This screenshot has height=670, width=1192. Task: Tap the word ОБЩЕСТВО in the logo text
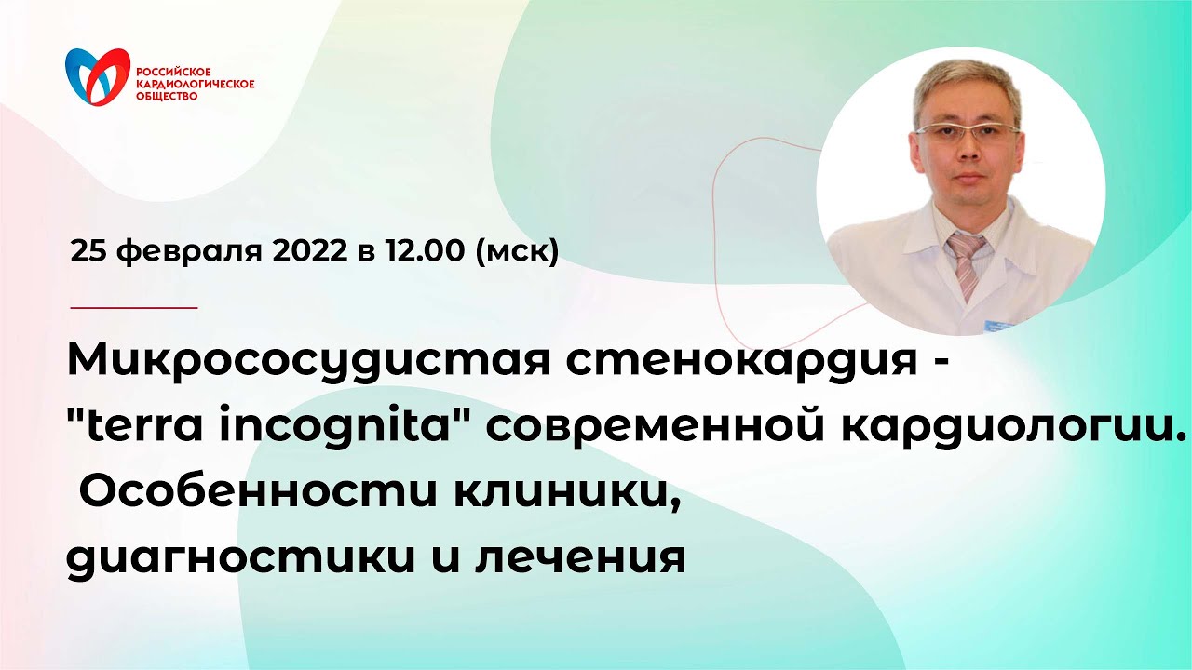(x=167, y=96)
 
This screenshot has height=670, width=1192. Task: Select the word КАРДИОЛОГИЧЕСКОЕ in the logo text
(x=196, y=83)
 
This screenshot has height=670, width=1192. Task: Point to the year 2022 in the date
(x=301, y=250)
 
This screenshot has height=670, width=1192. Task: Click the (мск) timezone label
(x=517, y=250)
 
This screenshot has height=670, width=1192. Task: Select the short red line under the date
(x=134, y=306)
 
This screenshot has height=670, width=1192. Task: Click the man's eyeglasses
(x=966, y=133)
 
